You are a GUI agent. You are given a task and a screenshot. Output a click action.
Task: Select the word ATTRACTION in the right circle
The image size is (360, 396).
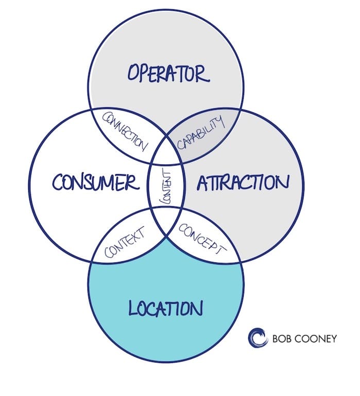(241, 182)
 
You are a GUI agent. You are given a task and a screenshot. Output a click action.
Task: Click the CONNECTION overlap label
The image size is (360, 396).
(126, 132)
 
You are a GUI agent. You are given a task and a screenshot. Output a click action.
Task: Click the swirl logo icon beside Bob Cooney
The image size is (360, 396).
(258, 338)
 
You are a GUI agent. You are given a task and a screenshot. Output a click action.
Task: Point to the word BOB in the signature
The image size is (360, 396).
(282, 339)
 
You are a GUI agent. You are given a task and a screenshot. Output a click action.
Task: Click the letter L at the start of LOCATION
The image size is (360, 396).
(132, 308)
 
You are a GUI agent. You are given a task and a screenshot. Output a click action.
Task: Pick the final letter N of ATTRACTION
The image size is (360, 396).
(282, 183)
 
